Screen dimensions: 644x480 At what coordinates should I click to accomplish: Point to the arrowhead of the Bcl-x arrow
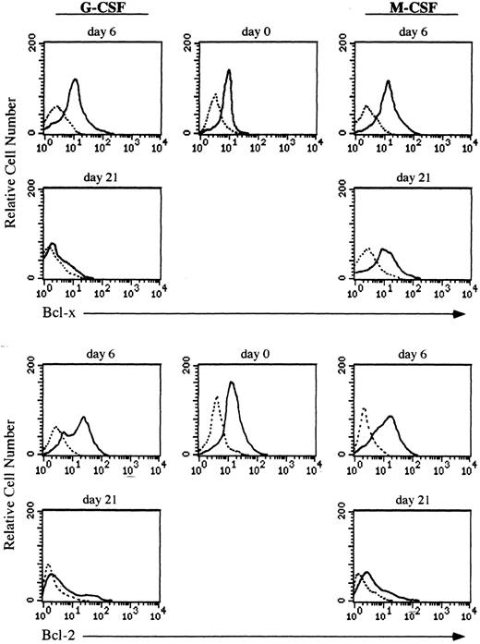(458, 314)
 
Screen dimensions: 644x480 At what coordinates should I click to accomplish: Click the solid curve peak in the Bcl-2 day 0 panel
(232, 383)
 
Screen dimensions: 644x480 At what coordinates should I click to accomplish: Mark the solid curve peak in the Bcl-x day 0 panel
(228, 70)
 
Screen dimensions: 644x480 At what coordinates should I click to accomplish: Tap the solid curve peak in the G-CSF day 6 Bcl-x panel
(75, 80)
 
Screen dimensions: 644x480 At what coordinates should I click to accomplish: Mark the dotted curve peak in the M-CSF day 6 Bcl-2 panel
(364, 408)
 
